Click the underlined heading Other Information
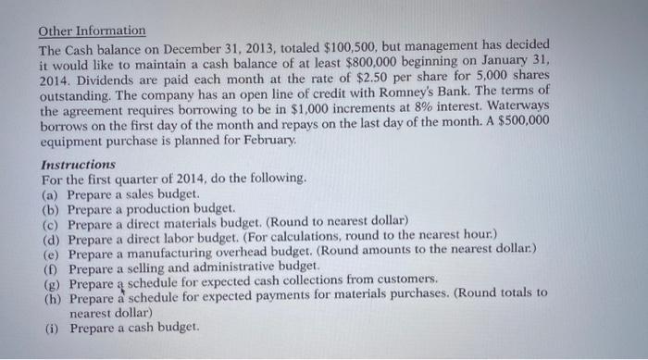[92, 31]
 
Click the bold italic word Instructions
[79, 164]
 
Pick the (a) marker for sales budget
[51, 192]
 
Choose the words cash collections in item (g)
[319, 279]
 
